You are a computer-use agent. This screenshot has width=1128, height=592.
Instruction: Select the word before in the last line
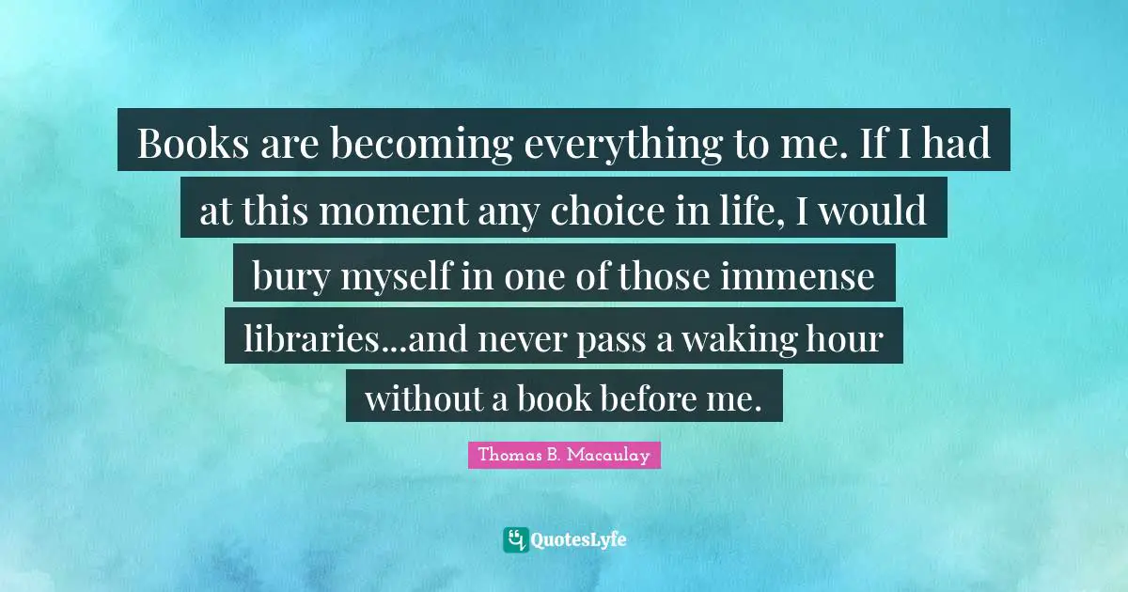click(646, 399)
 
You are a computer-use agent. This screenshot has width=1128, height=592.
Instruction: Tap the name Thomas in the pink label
click(508, 456)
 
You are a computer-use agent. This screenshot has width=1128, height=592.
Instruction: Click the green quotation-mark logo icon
click(515, 539)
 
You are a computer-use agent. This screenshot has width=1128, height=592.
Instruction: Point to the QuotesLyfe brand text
click(579, 540)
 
